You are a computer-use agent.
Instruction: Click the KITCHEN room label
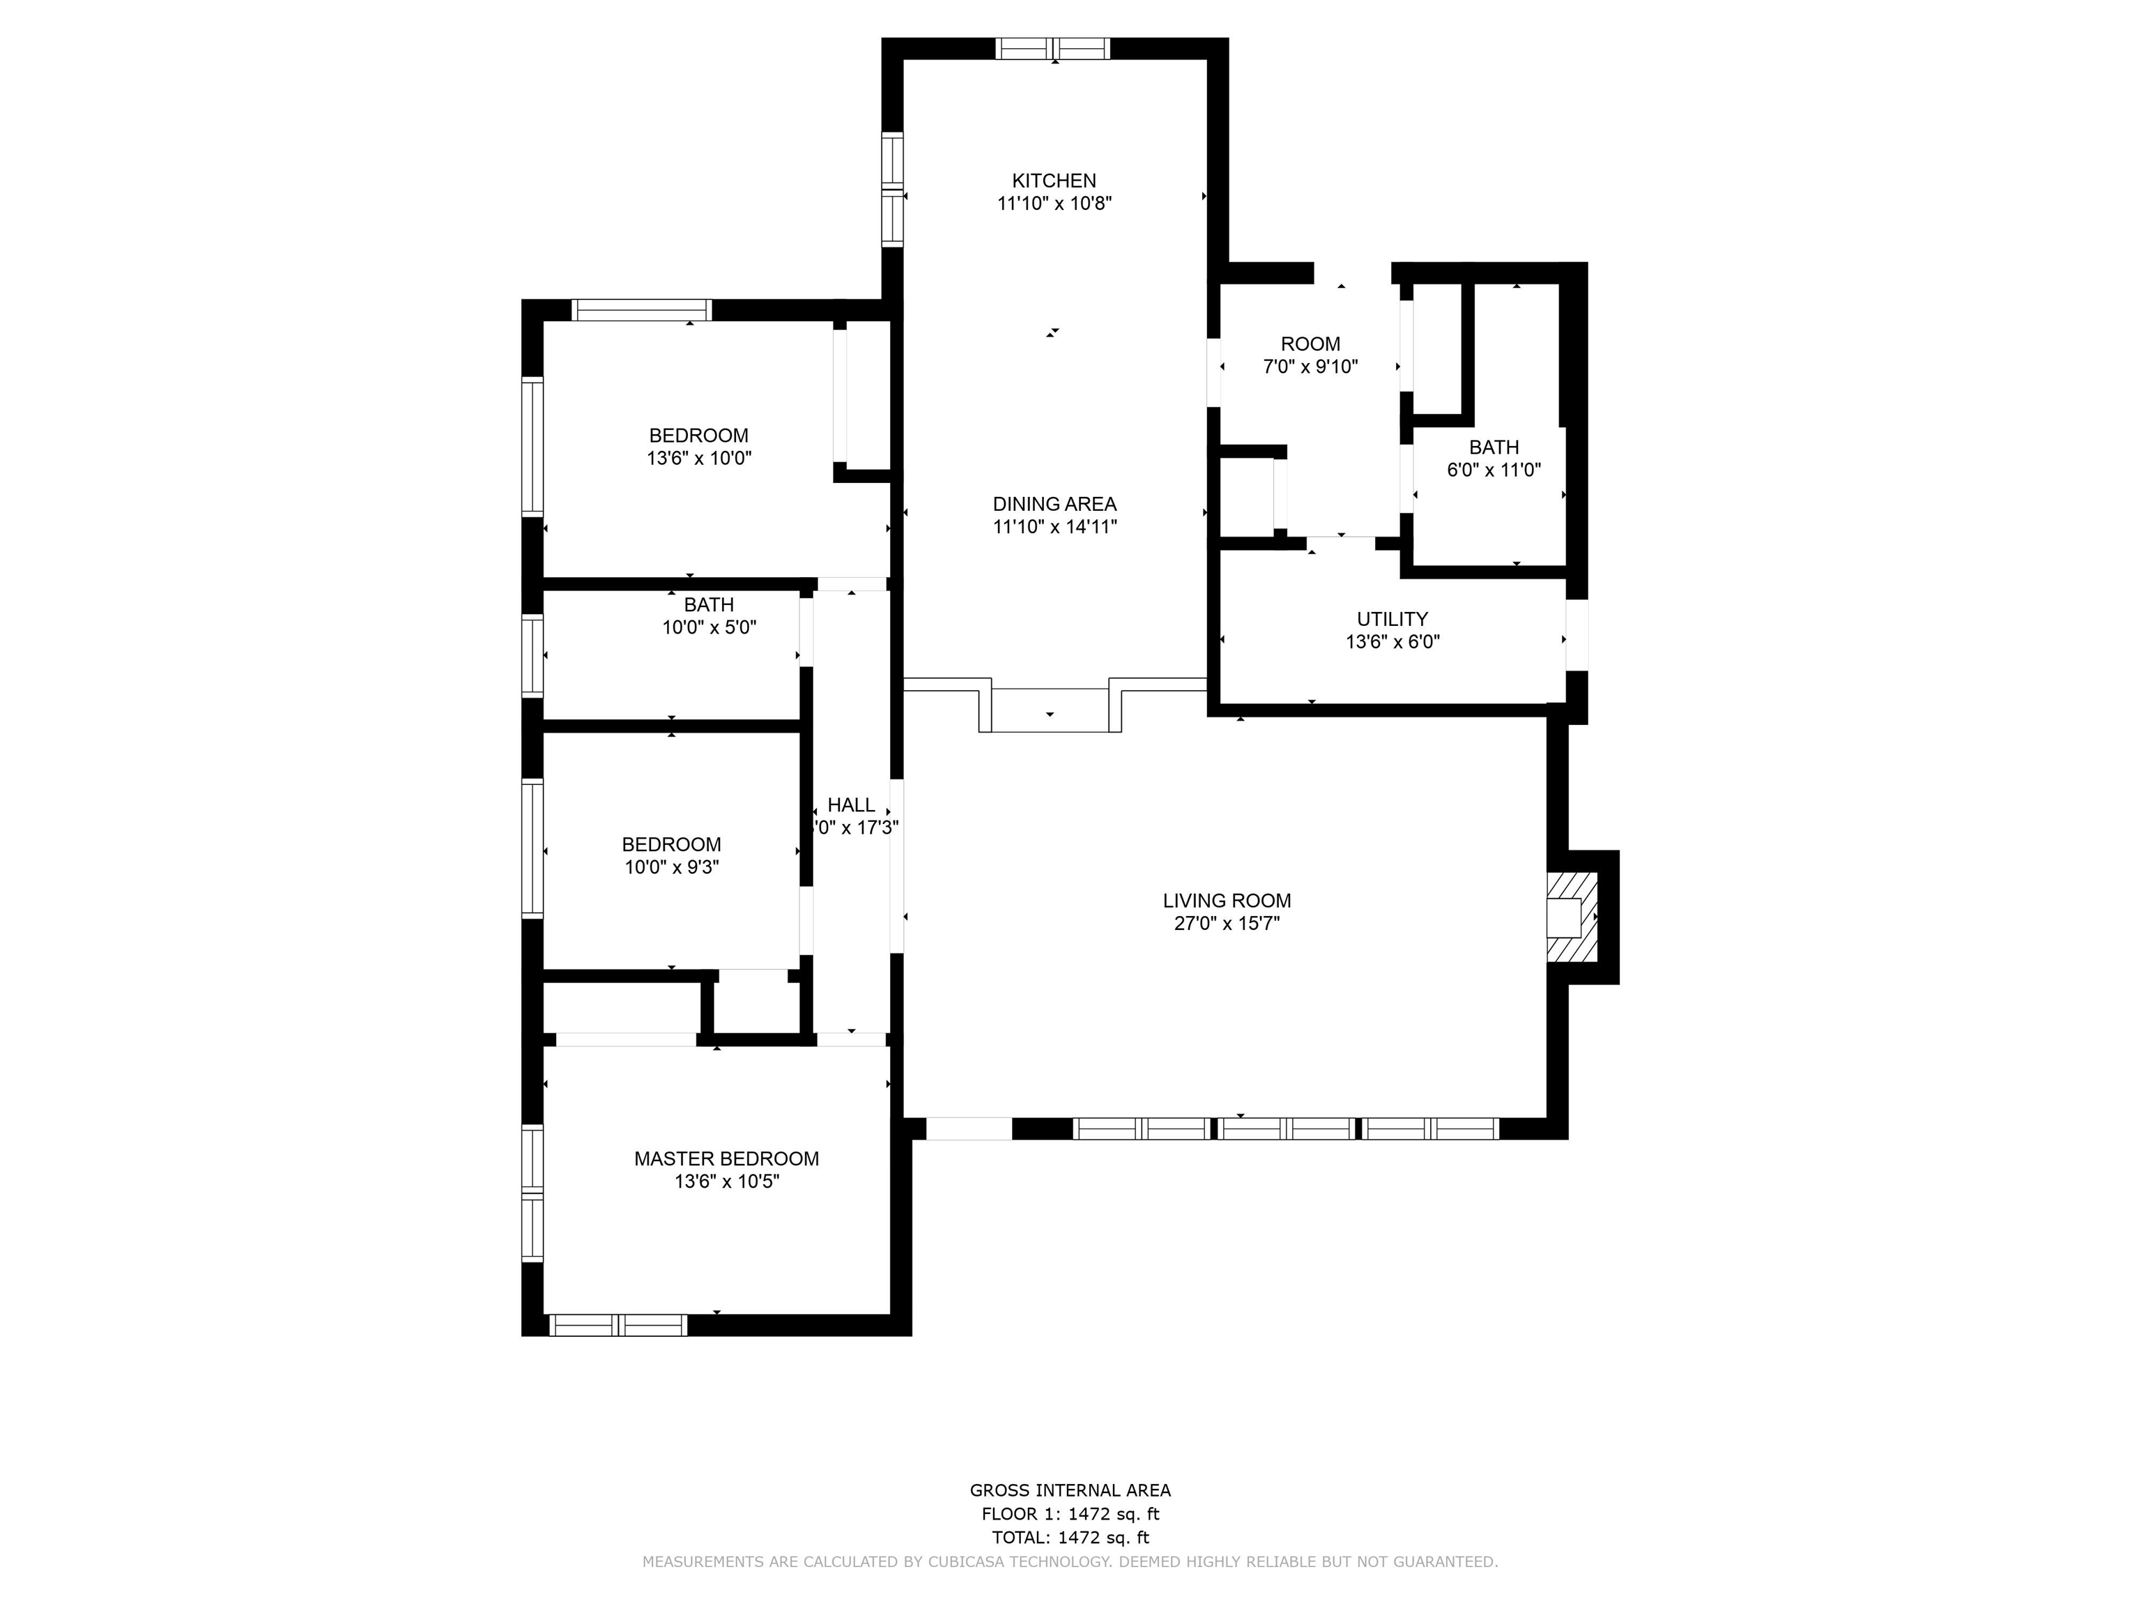1054,181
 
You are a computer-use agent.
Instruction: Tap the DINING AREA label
1054,505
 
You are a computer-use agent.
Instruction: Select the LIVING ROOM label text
1227,901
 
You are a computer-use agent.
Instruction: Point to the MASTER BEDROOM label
726,1158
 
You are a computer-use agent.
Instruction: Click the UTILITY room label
1392,620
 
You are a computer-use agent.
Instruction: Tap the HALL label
851,805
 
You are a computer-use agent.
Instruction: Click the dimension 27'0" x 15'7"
1227,924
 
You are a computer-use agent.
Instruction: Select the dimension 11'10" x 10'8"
1054,204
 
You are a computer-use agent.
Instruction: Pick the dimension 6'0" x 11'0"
1494,471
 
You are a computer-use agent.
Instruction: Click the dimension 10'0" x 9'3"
670,867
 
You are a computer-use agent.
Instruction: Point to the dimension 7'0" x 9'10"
1310,367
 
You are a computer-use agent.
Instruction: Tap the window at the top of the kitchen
1053,48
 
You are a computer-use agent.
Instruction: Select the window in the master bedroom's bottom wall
618,1325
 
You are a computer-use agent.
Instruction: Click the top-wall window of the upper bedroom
642,309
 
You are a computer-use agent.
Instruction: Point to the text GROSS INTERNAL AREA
1070,1491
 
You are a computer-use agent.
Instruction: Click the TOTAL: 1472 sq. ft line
1070,1537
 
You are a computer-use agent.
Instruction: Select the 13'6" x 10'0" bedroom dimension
699,459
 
